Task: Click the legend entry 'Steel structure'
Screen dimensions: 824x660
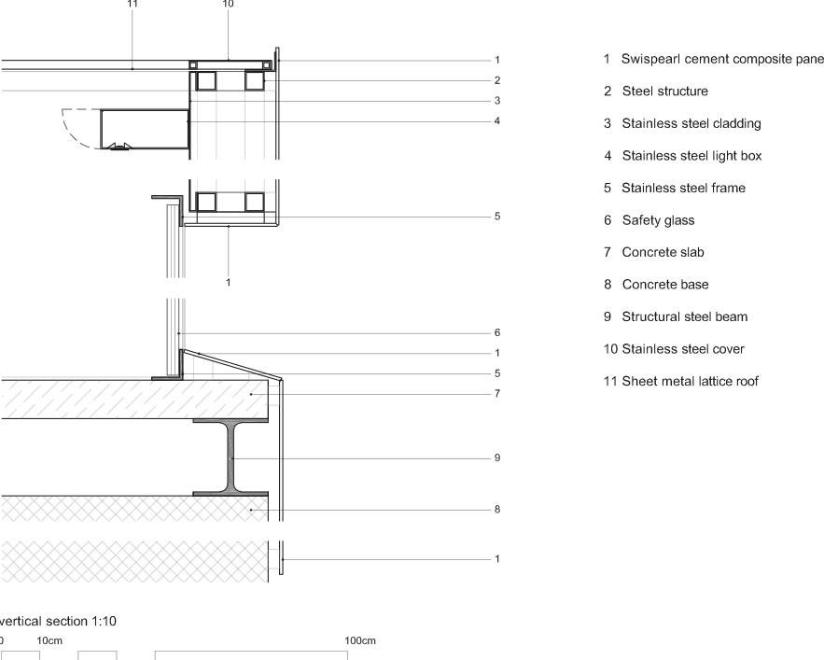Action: (x=664, y=91)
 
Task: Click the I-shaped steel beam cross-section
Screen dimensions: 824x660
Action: (x=231, y=457)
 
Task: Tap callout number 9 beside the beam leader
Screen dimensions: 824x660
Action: (x=497, y=458)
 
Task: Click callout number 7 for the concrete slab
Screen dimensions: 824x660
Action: (x=497, y=394)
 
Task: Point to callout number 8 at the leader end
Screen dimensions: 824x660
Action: (x=497, y=509)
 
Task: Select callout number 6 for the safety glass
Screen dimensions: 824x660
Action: (x=497, y=332)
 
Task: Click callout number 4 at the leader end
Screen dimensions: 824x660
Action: (x=497, y=121)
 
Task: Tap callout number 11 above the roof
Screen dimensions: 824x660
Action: (x=133, y=4)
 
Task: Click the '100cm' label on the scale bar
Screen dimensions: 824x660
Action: (x=360, y=640)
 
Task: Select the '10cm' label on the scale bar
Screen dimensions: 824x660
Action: (x=49, y=640)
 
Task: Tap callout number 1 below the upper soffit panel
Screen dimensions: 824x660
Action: (x=228, y=283)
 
